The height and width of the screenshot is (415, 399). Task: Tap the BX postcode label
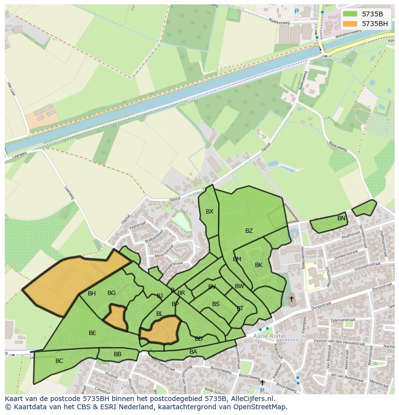[x=210, y=212]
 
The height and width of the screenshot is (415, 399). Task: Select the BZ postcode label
[x=249, y=231]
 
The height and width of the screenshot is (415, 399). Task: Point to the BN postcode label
[x=341, y=218]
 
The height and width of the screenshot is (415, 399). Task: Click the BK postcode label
[x=259, y=265]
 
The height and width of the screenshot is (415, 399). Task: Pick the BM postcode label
[x=237, y=259]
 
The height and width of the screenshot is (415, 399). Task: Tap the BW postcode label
[x=239, y=286]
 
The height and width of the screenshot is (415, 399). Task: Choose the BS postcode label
[x=216, y=304]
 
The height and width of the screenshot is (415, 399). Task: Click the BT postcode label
[x=240, y=309]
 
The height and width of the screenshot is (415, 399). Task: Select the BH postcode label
[x=92, y=294]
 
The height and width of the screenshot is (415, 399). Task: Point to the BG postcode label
[x=111, y=293]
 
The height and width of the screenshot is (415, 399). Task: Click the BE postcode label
[x=93, y=333]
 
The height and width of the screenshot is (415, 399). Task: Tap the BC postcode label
[x=59, y=361]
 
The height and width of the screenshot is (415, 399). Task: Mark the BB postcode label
[x=118, y=354]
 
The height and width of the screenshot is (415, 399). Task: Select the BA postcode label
[x=193, y=352]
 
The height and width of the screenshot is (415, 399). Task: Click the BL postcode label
[x=160, y=314]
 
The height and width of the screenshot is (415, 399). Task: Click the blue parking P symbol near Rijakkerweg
[x=296, y=11]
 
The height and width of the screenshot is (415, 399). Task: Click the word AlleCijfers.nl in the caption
[x=251, y=399]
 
